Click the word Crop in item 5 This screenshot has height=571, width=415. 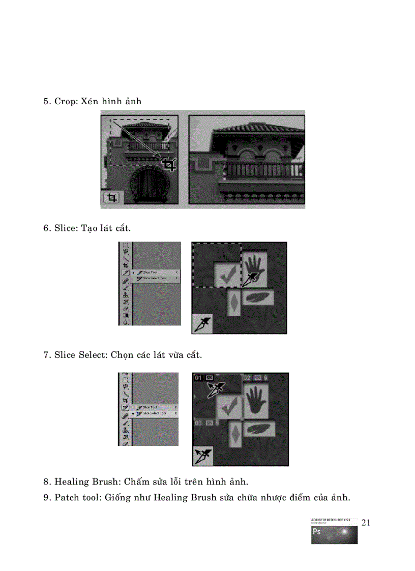(65, 101)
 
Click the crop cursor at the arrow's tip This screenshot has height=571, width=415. (169, 164)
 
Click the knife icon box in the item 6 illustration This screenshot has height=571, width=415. (202, 324)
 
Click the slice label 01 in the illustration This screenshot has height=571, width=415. (198, 378)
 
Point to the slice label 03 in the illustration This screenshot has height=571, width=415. (198, 422)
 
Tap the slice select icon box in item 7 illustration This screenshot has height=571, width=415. (202, 456)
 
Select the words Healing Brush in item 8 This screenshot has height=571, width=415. (86, 481)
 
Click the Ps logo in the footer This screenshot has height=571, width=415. (317, 532)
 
